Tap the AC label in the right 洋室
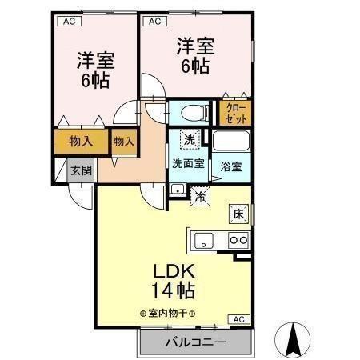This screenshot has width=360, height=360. pos(154,22)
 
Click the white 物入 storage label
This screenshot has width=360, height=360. pos(123,142)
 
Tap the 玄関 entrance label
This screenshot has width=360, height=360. pos(80,170)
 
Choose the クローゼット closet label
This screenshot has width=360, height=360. pos(235,113)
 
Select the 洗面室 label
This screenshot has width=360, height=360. pos(188,164)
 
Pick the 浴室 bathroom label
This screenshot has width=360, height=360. pos(231,167)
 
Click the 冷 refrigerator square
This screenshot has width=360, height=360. pos(200,194)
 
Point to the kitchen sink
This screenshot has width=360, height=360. pos(202,238)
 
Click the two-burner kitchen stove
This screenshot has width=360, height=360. pos(238,238)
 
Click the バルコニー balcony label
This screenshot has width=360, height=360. pos(196,342)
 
